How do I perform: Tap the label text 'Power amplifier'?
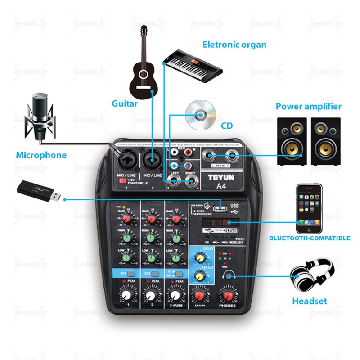(x=308, y=107)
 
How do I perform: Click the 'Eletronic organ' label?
(x=234, y=45)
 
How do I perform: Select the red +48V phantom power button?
(x=121, y=181)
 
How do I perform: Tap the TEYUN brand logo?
(x=221, y=177)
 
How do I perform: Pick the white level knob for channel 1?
(x=127, y=295)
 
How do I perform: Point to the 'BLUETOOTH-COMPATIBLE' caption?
(x=310, y=238)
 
